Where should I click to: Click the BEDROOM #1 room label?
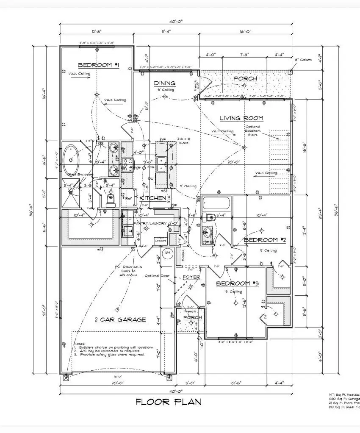tap(98, 65)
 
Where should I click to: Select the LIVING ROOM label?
tap(241, 118)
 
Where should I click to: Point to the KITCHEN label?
tap(153, 198)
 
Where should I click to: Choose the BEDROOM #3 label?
tap(237, 283)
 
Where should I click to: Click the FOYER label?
tap(191, 278)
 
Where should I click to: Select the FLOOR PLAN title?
tap(168, 402)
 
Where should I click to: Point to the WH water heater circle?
tap(167, 253)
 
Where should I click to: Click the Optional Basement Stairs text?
tap(252, 131)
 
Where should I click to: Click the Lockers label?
tap(160, 240)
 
